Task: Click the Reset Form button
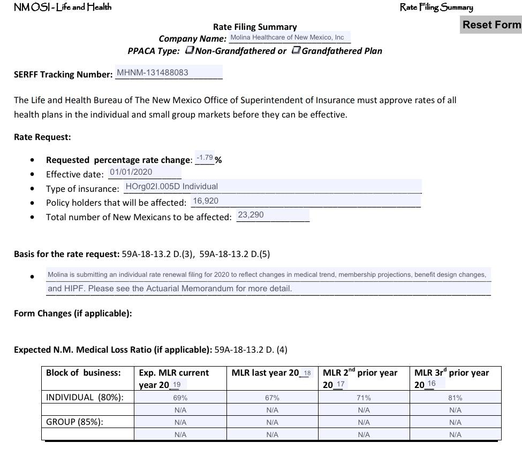pos(491,25)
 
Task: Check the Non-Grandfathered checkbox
pos(190,50)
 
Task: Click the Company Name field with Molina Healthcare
pos(289,37)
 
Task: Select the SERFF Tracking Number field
pos(168,73)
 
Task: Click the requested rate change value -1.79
pos(205,158)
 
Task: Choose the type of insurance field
pos(272,187)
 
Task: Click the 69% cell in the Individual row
pos(180,398)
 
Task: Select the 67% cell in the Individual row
pos(272,398)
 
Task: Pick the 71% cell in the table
pos(364,398)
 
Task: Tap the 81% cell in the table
pos(455,398)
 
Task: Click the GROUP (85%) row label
pos(75,422)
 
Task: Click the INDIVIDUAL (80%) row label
pos(85,397)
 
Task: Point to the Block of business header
pos(83,372)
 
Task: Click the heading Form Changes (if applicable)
pos(73,313)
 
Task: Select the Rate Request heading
pos(42,137)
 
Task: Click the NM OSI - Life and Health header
pos(63,7)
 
